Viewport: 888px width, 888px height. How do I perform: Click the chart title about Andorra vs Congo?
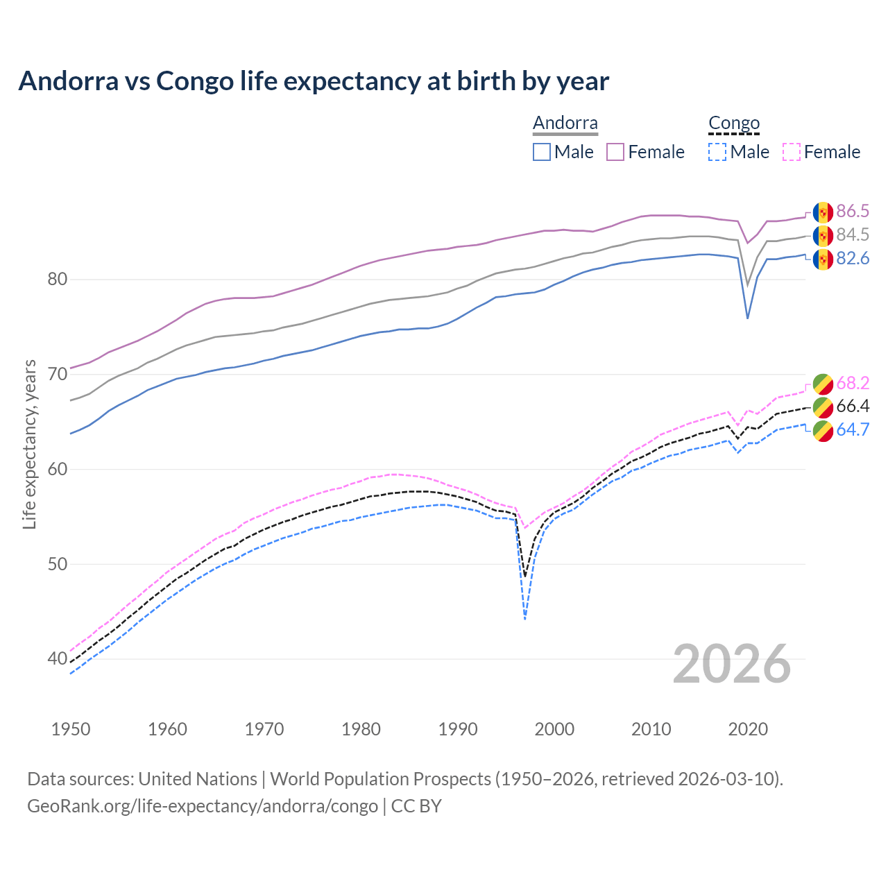pyautogui.click(x=314, y=81)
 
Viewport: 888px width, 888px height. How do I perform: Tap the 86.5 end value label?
pyautogui.click(x=853, y=212)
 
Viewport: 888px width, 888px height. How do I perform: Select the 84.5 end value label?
pyautogui.click(x=853, y=235)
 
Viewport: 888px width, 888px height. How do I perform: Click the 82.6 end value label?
pyautogui.click(x=853, y=259)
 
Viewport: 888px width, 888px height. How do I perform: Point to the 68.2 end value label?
pyautogui.click(x=853, y=383)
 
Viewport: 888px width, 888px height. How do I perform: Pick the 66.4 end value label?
pyautogui.click(x=853, y=407)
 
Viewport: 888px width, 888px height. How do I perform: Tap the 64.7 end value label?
pyautogui.click(x=853, y=430)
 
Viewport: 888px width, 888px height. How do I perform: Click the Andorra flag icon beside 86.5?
pyautogui.click(x=823, y=212)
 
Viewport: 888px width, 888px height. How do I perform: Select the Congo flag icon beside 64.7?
pyautogui.click(x=823, y=431)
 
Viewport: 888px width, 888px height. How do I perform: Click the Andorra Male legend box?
pyautogui.click(x=542, y=152)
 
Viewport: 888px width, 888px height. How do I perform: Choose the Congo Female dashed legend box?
pyautogui.click(x=792, y=152)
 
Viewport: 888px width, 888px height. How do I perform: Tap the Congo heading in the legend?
pyautogui.click(x=734, y=123)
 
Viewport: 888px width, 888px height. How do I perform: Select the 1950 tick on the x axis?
pyautogui.click(x=71, y=729)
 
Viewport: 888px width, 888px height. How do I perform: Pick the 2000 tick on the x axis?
pyautogui.click(x=555, y=729)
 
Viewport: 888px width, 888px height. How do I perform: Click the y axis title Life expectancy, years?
pyautogui.click(x=30, y=444)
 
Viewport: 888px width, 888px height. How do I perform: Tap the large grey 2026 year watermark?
pyautogui.click(x=732, y=665)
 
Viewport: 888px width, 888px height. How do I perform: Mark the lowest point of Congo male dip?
pyautogui.click(x=525, y=618)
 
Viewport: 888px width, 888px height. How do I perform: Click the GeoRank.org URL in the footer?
pyautogui.click(x=203, y=806)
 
